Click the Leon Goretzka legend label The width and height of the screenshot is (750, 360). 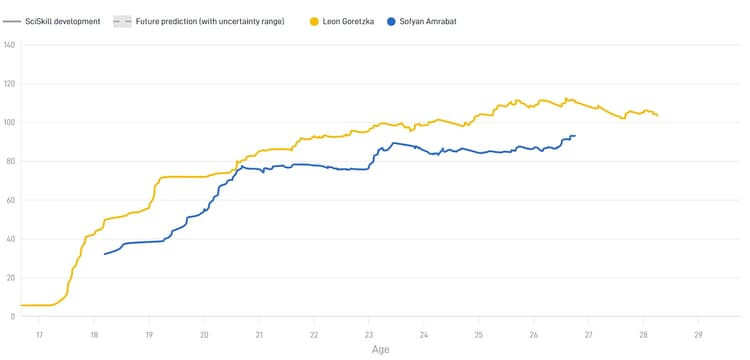tap(350, 21)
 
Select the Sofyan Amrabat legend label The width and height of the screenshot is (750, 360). tap(428, 21)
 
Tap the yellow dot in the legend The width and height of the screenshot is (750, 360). tap(314, 21)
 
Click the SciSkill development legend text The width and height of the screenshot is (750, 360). tap(63, 21)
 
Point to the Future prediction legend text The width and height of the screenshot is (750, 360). tap(210, 21)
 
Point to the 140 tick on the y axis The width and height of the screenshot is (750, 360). tap(10, 45)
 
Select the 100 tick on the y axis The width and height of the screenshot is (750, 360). tap(10, 123)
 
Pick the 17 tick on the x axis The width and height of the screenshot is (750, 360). tap(39, 334)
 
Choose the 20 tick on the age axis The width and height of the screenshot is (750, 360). tap(204, 334)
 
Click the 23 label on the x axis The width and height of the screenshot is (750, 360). tap(369, 334)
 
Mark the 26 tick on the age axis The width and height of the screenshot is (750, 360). tap(533, 334)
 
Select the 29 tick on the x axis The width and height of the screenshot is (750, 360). tap(698, 334)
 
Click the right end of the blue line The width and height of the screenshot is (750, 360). tap(575, 136)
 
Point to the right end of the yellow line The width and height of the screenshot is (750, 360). tap(657, 116)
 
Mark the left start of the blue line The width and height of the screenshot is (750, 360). tap(104, 254)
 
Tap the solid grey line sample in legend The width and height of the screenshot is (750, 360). tap(12, 21)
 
